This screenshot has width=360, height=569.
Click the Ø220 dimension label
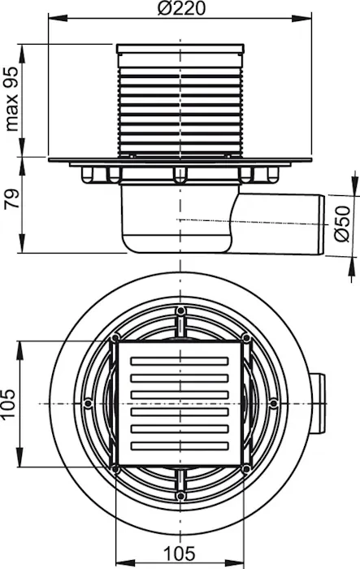[181, 8]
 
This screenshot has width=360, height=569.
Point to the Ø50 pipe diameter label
[342, 224]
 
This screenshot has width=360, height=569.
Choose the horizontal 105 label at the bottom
[180, 554]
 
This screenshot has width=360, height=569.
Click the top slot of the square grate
[180, 361]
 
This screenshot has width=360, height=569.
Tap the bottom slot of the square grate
[180, 445]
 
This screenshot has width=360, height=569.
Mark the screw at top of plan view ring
[180, 311]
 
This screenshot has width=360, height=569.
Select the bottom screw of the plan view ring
[180, 496]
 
